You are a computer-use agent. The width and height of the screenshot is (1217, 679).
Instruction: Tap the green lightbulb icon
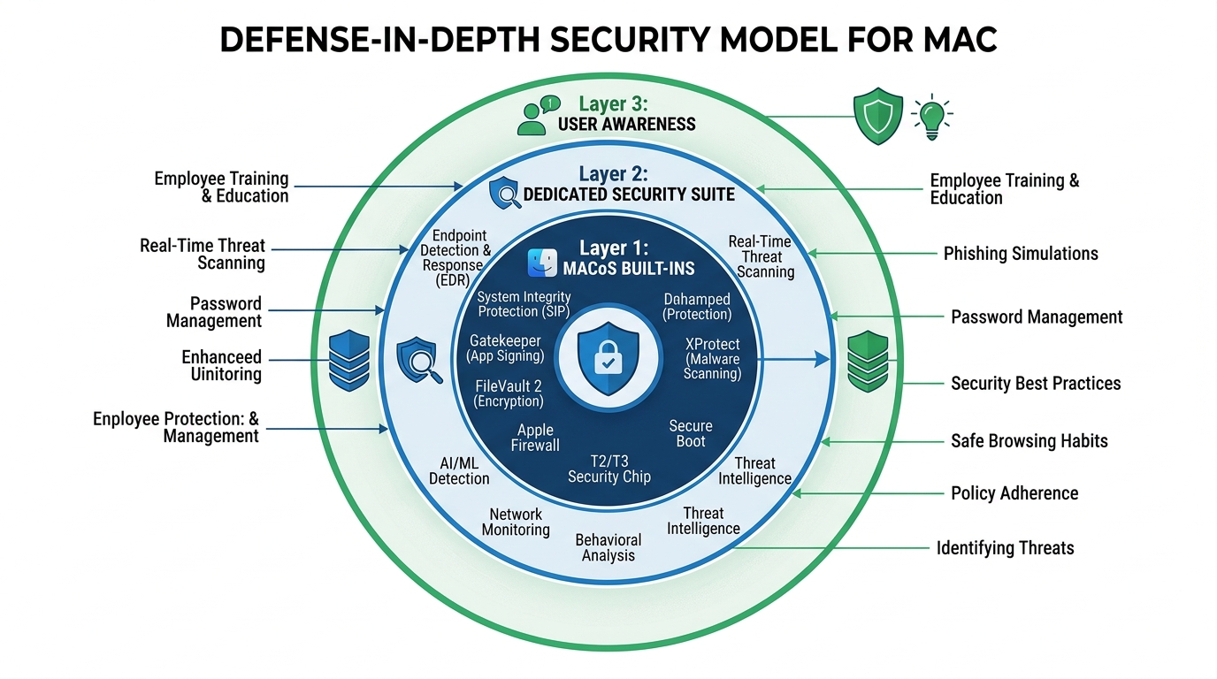pyautogui.click(x=931, y=117)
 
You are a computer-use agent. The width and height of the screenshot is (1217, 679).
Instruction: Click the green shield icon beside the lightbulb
pyautogui.click(x=877, y=116)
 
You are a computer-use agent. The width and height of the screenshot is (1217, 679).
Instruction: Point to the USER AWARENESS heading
pyautogui.click(x=626, y=124)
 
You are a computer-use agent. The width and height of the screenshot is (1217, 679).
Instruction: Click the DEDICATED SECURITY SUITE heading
pyautogui.click(x=629, y=193)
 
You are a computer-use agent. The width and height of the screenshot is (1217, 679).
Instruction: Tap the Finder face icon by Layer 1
pyautogui.click(x=541, y=263)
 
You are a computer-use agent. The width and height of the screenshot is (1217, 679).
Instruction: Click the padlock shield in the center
pyautogui.click(x=608, y=357)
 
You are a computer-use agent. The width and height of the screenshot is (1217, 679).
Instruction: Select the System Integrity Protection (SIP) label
pyautogui.click(x=524, y=304)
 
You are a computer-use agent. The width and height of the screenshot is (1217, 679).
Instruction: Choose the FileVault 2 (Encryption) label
pyautogui.click(x=509, y=393)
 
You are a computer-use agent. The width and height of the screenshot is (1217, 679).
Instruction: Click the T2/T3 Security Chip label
pyautogui.click(x=608, y=469)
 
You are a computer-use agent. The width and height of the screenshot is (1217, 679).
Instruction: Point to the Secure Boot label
pyautogui.click(x=690, y=433)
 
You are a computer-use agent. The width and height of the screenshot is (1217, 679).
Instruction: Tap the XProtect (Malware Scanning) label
pyautogui.click(x=712, y=358)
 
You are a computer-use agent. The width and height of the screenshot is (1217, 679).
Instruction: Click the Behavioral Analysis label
pyautogui.click(x=608, y=547)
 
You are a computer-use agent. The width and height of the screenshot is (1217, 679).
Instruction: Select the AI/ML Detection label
pyautogui.click(x=459, y=470)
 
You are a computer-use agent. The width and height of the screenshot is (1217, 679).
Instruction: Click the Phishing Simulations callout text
pyautogui.click(x=1020, y=254)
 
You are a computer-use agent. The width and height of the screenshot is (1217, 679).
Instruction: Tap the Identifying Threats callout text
pyautogui.click(x=1005, y=548)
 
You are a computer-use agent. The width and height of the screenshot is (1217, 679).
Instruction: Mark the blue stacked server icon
pyautogui.click(x=348, y=360)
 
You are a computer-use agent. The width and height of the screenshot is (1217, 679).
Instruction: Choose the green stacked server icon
pyautogui.click(x=867, y=361)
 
